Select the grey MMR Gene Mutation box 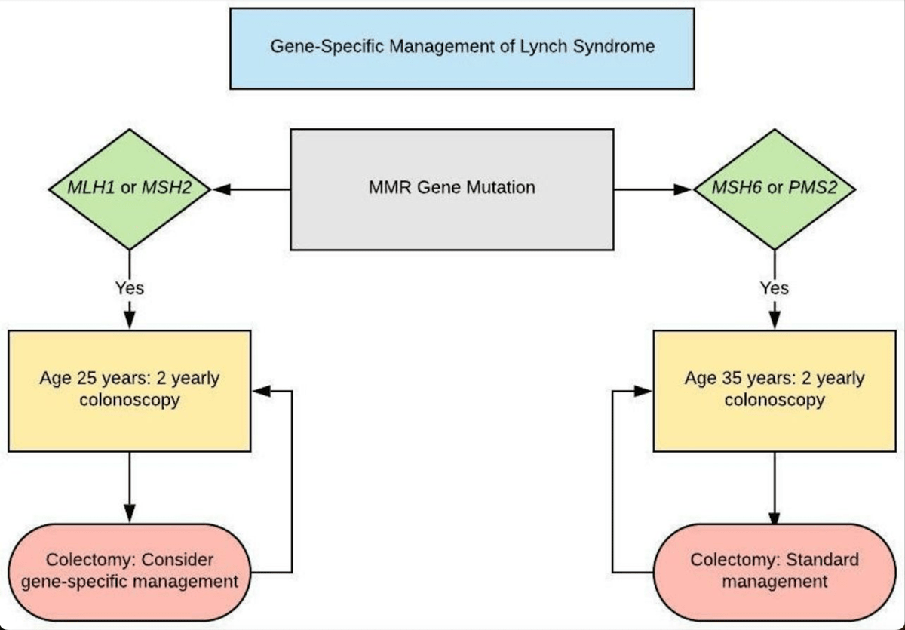451,189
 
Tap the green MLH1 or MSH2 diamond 130,189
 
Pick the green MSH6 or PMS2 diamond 774,189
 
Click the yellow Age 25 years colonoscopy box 130,390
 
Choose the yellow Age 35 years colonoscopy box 774,390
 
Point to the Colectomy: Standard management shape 774,571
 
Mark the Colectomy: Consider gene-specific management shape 130,571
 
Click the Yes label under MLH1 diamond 130,287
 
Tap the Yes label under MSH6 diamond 774,287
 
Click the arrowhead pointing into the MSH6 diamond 682,189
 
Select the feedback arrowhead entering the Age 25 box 260,391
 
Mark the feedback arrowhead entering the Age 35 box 643,391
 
